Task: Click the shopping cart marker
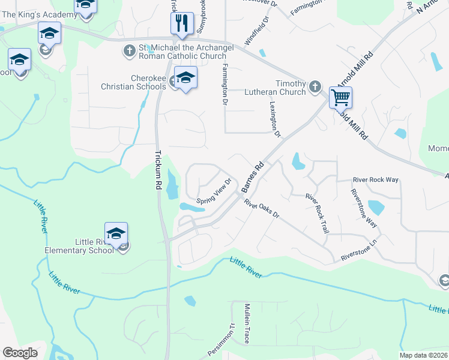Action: click(x=340, y=96)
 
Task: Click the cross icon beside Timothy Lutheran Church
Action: click(x=315, y=88)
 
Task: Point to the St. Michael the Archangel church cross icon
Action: click(x=129, y=51)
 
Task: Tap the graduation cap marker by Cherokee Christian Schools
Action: click(x=185, y=79)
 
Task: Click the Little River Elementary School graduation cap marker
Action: click(x=116, y=233)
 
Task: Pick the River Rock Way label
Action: click(x=376, y=179)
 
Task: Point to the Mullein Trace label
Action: click(x=246, y=323)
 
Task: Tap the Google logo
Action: click(x=20, y=352)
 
